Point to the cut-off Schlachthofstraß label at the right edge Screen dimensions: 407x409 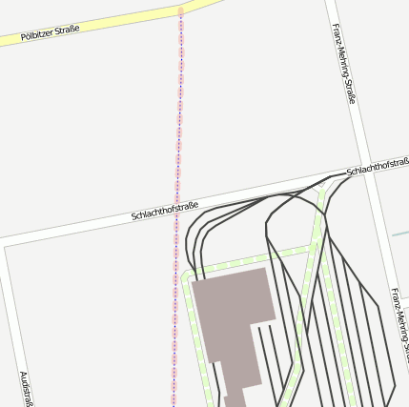click(x=378, y=166)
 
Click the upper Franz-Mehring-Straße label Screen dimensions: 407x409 click(x=343, y=64)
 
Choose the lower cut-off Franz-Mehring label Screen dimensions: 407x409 click(x=399, y=324)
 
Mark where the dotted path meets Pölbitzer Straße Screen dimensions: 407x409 click(x=180, y=11)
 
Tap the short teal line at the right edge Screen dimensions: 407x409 click(x=400, y=233)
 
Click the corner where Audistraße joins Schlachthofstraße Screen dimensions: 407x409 click(x=6, y=246)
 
